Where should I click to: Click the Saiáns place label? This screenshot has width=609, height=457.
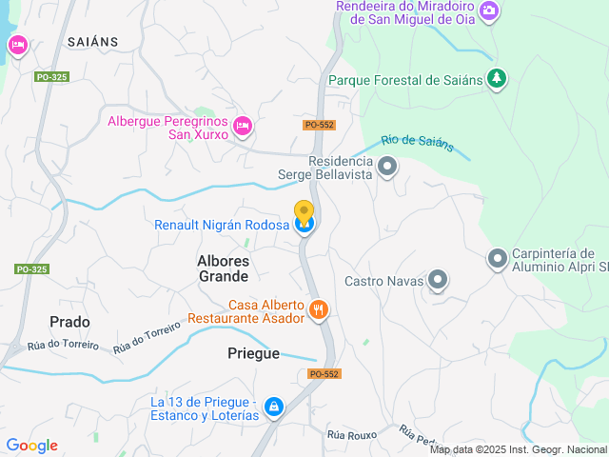click(x=92, y=41)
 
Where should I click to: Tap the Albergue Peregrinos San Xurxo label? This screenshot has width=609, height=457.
click(x=167, y=128)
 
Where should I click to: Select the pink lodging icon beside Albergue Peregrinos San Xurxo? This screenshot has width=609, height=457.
click(x=243, y=125)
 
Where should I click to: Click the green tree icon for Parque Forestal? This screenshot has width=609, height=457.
click(x=495, y=78)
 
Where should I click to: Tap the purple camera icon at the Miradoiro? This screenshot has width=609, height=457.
click(x=488, y=10)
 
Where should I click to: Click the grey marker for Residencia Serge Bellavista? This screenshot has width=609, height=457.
click(x=386, y=169)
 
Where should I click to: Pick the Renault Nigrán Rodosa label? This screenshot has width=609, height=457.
click(x=222, y=225)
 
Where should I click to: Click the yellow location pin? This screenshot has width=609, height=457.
click(x=304, y=213)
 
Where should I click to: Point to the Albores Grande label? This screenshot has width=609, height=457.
click(x=223, y=268)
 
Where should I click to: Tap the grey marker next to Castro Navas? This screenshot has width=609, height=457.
click(x=437, y=280)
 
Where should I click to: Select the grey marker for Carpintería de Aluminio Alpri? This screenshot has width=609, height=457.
click(x=497, y=258)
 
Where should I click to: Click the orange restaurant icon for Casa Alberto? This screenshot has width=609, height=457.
click(x=319, y=309)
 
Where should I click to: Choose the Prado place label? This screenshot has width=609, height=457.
click(x=69, y=322)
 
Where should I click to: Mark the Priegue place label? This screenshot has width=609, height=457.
click(x=254, y=353)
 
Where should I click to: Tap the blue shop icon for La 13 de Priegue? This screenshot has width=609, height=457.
click(x=273, y=407)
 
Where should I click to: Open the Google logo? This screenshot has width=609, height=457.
click(x=31, y=446)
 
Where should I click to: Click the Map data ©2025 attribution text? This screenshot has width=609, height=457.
click(x=518, y=449)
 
